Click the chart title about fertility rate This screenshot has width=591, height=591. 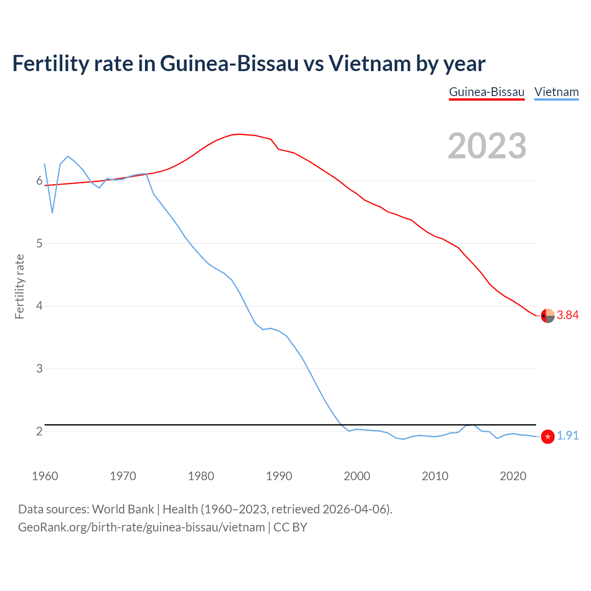click(248, 64)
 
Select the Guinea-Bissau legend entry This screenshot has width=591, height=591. click(487, 92)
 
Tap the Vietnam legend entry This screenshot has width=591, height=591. click(556, 92)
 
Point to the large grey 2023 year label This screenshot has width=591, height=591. click(487, 146)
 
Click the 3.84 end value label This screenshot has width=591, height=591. click(567, 315)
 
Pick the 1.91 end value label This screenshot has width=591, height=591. click(567, 436)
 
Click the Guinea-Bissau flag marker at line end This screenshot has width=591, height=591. click(548, 316)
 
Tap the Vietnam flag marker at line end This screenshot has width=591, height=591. click(548, 436)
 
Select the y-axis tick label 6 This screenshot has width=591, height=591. click(40, 181)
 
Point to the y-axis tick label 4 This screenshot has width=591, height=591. click(40, 306)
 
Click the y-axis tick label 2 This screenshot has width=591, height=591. click(40, 431)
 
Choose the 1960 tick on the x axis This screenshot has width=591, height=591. click(45, 476)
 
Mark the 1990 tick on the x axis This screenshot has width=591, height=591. click(279, 476)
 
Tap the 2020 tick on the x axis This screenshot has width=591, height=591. click(513, 476)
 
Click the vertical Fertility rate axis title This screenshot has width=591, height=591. click(19, 286)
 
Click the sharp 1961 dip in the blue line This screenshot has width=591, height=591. click(52, 212)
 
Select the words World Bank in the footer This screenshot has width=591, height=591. click(123, 509)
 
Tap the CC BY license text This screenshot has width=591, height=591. click(290, 527)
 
